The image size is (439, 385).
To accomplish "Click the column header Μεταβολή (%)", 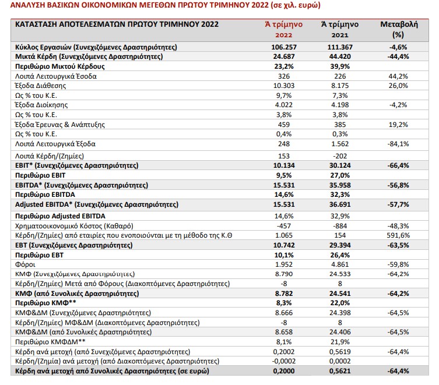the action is [399, 29].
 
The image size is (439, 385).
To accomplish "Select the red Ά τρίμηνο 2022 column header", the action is [283, 29].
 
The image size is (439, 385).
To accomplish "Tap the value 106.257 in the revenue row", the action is [284, 47].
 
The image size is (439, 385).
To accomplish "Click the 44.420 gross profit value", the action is [340, 56].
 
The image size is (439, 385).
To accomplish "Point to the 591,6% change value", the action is [398, 235].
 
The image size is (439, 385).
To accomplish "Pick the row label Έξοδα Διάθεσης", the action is [41, 86].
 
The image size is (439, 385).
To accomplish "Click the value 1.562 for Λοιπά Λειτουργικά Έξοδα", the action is [340, 144].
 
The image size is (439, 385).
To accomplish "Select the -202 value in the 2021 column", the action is [340, 156].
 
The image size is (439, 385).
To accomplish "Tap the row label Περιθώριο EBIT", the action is [40, 175].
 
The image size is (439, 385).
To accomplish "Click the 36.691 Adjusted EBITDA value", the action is [340, 204].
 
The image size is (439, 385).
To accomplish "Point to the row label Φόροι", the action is [25, 264].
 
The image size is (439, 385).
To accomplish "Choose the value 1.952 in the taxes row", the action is [284, 264].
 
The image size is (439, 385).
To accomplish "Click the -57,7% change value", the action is [398, 204].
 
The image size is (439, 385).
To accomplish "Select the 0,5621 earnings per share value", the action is [340, 371].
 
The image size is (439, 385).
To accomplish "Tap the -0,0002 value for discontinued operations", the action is [283, 361].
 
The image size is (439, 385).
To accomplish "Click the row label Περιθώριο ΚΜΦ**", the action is [45, 303].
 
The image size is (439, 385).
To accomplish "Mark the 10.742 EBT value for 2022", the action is [284, 245].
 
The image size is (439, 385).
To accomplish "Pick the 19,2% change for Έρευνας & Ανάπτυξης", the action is [398, 125].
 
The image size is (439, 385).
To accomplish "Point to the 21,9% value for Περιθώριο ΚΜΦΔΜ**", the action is [340, 342].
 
